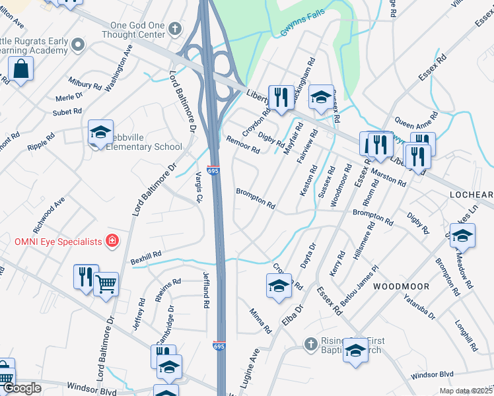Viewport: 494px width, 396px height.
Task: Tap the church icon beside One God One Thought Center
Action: (x=174, y=29)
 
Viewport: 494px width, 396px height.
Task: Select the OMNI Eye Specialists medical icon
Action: (x=113, y=240)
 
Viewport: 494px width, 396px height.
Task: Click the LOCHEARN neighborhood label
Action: (x=472, y=195)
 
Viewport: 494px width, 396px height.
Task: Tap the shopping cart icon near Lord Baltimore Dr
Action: (x=106, y=284)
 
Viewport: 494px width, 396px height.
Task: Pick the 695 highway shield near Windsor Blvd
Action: (x=220, y=346)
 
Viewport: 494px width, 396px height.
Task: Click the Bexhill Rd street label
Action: (x=146, y=255)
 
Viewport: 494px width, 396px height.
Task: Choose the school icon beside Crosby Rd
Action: (x=279, y=286)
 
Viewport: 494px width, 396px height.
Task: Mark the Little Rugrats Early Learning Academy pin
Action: (x=79, y=45)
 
